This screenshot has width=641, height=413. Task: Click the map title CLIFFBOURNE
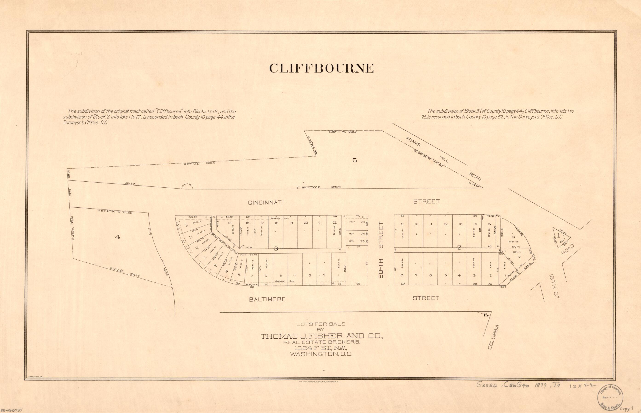(x=321, y=68)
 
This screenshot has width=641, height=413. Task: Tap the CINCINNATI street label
(x=266, y=203)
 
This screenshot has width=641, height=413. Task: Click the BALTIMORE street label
(x=267, y=299)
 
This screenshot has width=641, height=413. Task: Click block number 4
(x=117, y=237)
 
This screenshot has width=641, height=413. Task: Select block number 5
(x=355, y=160)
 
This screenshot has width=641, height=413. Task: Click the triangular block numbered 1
(x=559, y=236)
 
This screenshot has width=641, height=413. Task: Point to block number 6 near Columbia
(x=485, y=315)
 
